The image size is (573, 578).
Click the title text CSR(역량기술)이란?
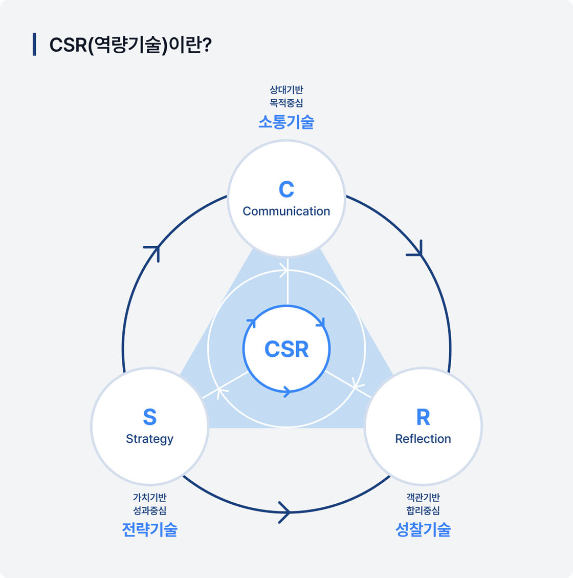(130, 45)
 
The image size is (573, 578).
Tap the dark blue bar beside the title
(34, 44)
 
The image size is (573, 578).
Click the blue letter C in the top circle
(286, 189)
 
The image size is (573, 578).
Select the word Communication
(286, 211)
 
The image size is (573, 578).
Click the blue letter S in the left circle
(149, 417)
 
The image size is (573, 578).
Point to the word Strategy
(149, 439)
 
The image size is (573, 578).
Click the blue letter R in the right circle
(423, 417)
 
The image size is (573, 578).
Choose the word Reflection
(423, 439)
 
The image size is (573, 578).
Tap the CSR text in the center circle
(286, 349)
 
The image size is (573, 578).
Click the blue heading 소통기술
(286, 122)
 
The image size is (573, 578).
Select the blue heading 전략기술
(149, 529)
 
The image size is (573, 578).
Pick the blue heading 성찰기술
(423, 529)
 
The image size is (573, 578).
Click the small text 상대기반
(286, 90)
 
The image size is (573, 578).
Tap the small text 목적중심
(286, 103)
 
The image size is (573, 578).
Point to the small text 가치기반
(149, 497)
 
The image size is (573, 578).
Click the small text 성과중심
(149, 510)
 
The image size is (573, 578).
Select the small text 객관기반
(423, 497)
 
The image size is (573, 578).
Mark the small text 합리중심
(423, 510)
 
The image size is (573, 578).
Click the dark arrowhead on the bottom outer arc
(285, 512)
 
